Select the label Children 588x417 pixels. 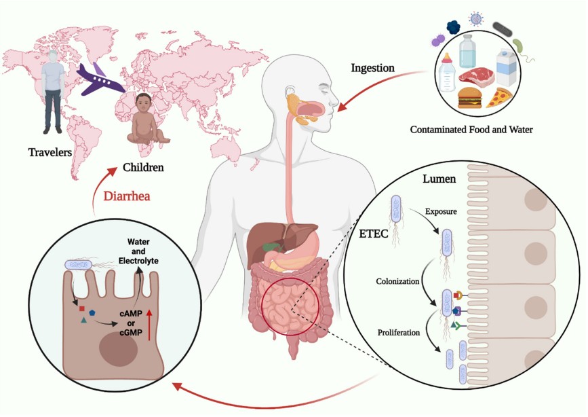(144, 166)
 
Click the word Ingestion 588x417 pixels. (372, 69)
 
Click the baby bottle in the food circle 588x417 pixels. (447, 71)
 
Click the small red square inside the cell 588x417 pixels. (82, 308)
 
